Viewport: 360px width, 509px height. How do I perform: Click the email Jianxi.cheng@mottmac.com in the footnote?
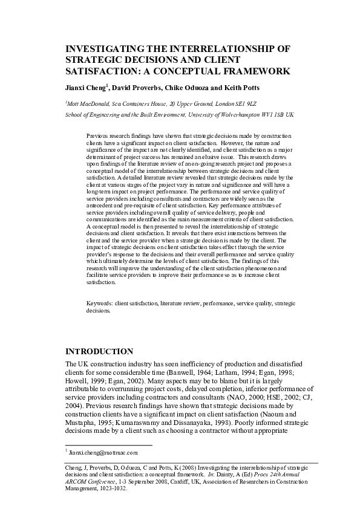[103, 452]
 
